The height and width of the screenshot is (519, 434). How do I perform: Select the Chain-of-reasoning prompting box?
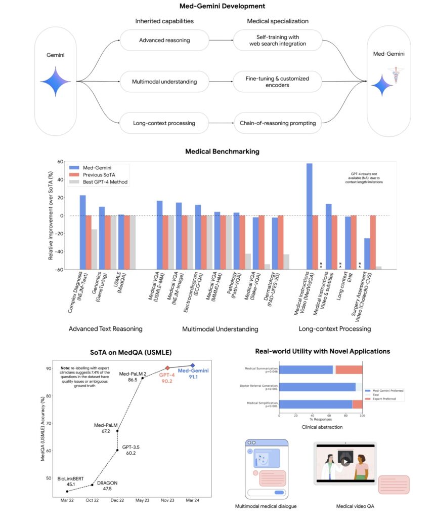click(x=277, y=123)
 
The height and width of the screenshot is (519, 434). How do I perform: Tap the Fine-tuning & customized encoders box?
click(x=277, y=82)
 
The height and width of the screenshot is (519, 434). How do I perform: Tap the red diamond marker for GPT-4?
click(x=167, y=368)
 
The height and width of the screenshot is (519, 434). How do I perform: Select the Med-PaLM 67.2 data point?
click(x=117, y=431)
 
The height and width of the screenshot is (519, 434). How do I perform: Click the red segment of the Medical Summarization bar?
click(x=350, y=370)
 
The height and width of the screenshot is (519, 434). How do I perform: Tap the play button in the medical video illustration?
click(x=344, y=462)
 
